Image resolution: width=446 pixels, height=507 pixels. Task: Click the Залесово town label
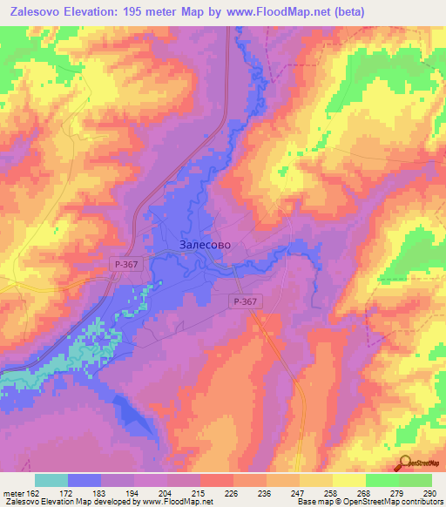206,245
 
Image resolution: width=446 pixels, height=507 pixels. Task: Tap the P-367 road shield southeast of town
245,301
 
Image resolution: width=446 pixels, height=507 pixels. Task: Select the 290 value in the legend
427,492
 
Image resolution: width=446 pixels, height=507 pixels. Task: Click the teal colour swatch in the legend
51,480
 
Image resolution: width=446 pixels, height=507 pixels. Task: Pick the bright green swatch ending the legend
416,480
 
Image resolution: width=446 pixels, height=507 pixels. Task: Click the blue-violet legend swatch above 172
84,480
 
